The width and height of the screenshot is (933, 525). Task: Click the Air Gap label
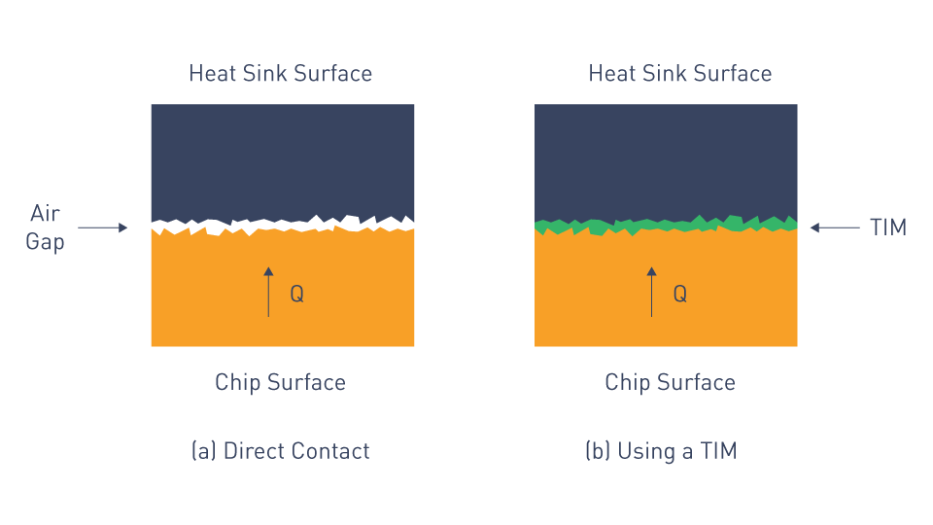pyautogui.click(x=46, y=227)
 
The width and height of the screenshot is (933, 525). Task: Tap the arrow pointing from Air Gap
pyautogui.click(x=103, y=227)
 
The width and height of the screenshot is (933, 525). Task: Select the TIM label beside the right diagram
pyautogui.click(x=887, y=227)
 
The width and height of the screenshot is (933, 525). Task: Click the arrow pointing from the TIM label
pyautogui.click(x=835, y=227)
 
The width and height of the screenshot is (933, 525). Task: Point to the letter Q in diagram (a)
pyautogui.click(x=297, y=294)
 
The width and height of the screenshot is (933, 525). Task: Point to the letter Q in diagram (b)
pyautogui.click(x=680, y=294)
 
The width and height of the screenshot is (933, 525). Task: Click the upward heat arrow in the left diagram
pyautogui.click(x=268, y=292)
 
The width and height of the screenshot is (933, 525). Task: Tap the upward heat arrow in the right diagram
pyautogui.click(x=651, y=292)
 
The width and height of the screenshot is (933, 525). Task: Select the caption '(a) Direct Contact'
pyautogui.click(x=280, y=450)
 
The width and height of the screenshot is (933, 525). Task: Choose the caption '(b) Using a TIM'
pyautogui.click(x=661, y=450)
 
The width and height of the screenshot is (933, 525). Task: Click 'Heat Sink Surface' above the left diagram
pyautogui.click(x=280, y=73)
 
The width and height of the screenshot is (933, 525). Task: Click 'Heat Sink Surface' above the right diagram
pyautogui.click(x=680, y=73)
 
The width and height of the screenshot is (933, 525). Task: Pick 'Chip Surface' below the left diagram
pyautogui.click(x=280, y=382)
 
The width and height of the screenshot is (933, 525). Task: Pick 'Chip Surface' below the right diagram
pyautogui.click(x=670, y=382)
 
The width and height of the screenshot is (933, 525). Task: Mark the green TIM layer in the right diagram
pyautogui.click(x=666, y=226)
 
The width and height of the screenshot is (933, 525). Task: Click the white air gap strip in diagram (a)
pyautogui.click(x=283, y=226)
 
